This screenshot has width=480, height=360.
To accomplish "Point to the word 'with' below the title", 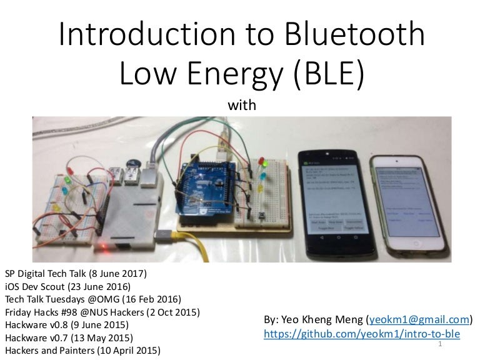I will (x=242, y=106).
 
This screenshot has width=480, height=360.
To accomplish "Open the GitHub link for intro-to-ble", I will (x=362, y=334).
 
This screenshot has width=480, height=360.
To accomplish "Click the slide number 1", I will (x=441, y=344).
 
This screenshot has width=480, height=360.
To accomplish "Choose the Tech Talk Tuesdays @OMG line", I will (x=92, y=299).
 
